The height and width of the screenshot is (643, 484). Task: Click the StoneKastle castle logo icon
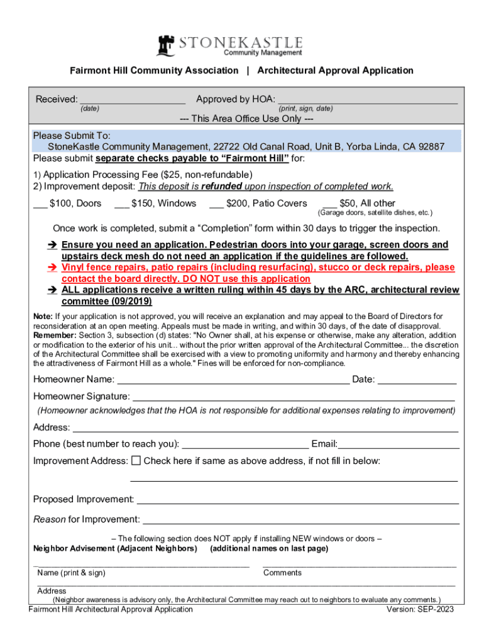(166, 45)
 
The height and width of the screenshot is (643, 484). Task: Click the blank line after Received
(133, 100)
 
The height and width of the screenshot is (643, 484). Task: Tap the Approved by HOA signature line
(368, 100)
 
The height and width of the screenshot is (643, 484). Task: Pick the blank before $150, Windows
(122, 205)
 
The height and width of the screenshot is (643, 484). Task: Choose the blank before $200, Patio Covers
(217, 205)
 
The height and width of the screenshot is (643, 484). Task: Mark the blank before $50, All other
(329, 205)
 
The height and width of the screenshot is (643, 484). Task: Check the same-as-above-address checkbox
(136, 461)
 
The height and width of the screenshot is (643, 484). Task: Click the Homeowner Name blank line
(233, 381)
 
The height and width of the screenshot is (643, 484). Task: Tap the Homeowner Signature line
(293, 398)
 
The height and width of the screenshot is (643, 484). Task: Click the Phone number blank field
(245, 446)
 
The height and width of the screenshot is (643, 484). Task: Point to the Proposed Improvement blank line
(297, 501)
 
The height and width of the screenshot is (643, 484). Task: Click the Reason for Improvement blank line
(301, 521)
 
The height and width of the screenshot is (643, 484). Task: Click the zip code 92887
(431, 147)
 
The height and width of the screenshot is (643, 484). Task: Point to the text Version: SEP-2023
(421, 609)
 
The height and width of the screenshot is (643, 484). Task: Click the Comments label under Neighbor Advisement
(282, 573)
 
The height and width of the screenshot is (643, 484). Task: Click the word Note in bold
(43, 316)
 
